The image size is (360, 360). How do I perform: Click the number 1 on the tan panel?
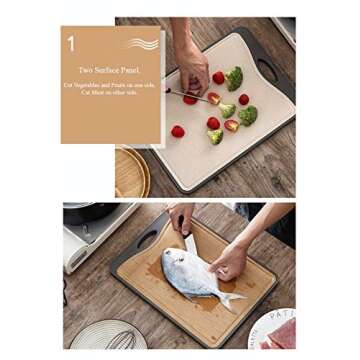tap(71, 43)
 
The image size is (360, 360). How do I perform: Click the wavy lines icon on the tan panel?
tap(142, 44)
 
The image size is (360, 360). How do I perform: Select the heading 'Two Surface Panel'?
tap(108, 70)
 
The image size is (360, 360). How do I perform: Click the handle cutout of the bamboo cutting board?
tap(145, 240)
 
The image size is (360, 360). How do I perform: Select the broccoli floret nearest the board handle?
tap(234, 78)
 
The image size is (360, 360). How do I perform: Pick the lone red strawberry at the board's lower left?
tap(178, 131)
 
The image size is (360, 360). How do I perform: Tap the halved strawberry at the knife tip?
tap(213, 98)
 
